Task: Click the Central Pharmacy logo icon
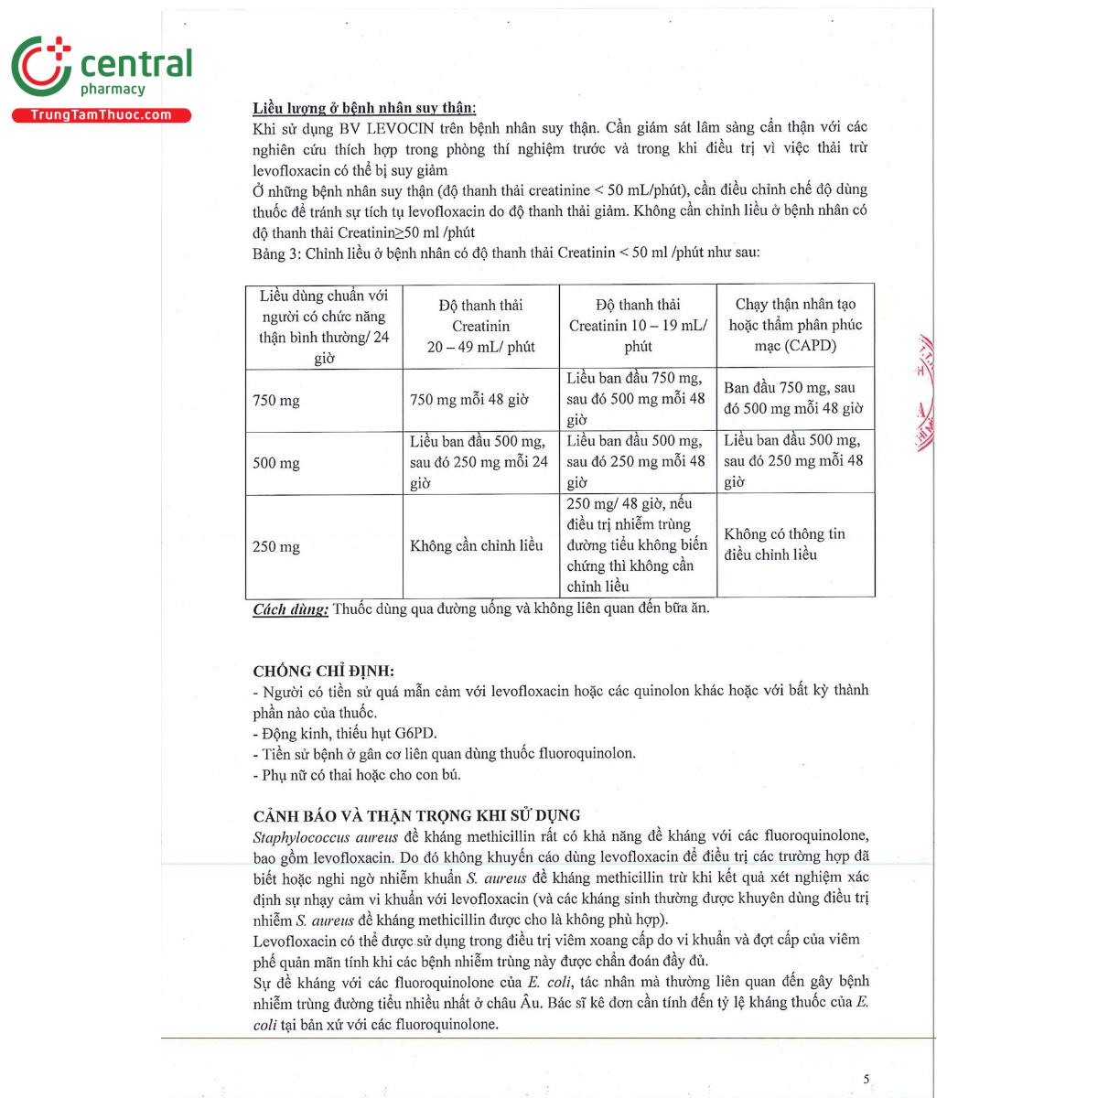point(41,66)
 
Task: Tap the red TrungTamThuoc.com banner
point(101,115)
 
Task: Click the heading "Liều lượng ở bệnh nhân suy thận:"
point(364,108)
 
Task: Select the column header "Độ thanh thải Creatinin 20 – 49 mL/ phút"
point(480,326)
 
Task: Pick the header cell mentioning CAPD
point(795,325)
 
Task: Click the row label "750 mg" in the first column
point(276,401)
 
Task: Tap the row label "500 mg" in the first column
point(276,463)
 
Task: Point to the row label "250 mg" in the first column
point(276,547)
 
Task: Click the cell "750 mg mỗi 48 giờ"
point(468,400)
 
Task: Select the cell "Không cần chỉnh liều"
point(476,546)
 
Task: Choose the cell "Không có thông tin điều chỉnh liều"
point(784,544)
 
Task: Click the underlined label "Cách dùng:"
point(290,609)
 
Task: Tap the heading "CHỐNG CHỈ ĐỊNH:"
point(324,671)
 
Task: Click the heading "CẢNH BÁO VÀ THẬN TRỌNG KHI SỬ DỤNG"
point(416,815)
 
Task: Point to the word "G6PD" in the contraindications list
point(415,734)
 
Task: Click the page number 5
point(867,1080)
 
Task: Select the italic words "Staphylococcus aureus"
point(325,836)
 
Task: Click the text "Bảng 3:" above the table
point(276,253)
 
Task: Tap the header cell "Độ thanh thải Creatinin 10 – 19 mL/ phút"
point(638,325)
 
